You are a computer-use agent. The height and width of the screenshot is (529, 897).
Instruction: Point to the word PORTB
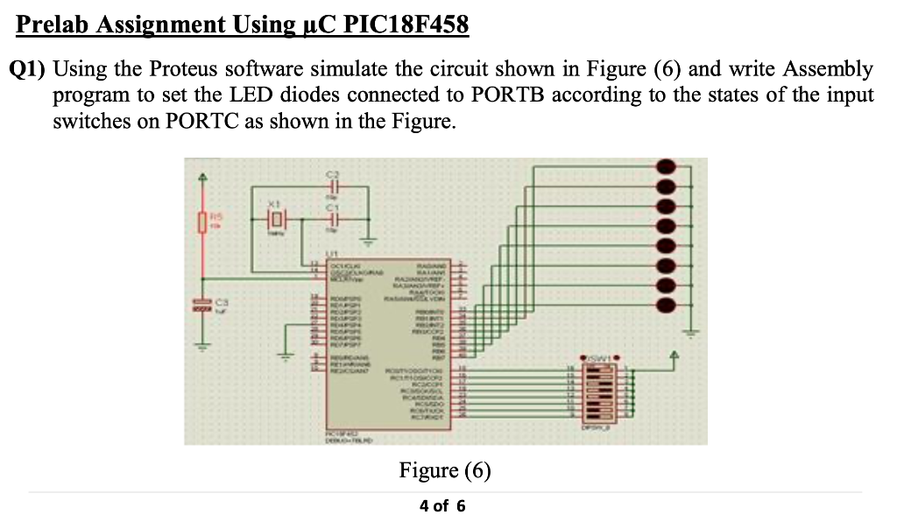click(506, 95)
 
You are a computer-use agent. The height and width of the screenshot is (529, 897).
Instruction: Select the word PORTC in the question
click(202, 121)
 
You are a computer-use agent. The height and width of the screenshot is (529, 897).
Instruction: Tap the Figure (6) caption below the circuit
click(445, 471)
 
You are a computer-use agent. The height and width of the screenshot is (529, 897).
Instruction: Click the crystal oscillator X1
click(276, 219)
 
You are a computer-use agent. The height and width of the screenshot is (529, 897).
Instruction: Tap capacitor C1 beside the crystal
click(333, 220)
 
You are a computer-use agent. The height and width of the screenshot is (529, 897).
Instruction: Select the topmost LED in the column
click(667, 166)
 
